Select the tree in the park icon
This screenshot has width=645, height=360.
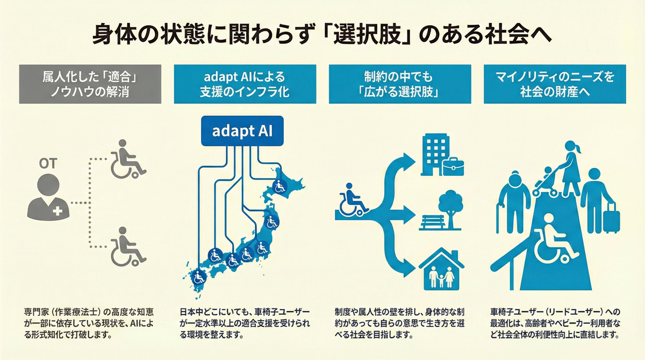click(449, 205)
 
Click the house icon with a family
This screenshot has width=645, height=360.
click(441, 269)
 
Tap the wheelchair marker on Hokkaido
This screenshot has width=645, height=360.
click(279, 187)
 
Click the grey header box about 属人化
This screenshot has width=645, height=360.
click(88, 84)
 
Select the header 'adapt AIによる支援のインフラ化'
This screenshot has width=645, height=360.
click(241, 84)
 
